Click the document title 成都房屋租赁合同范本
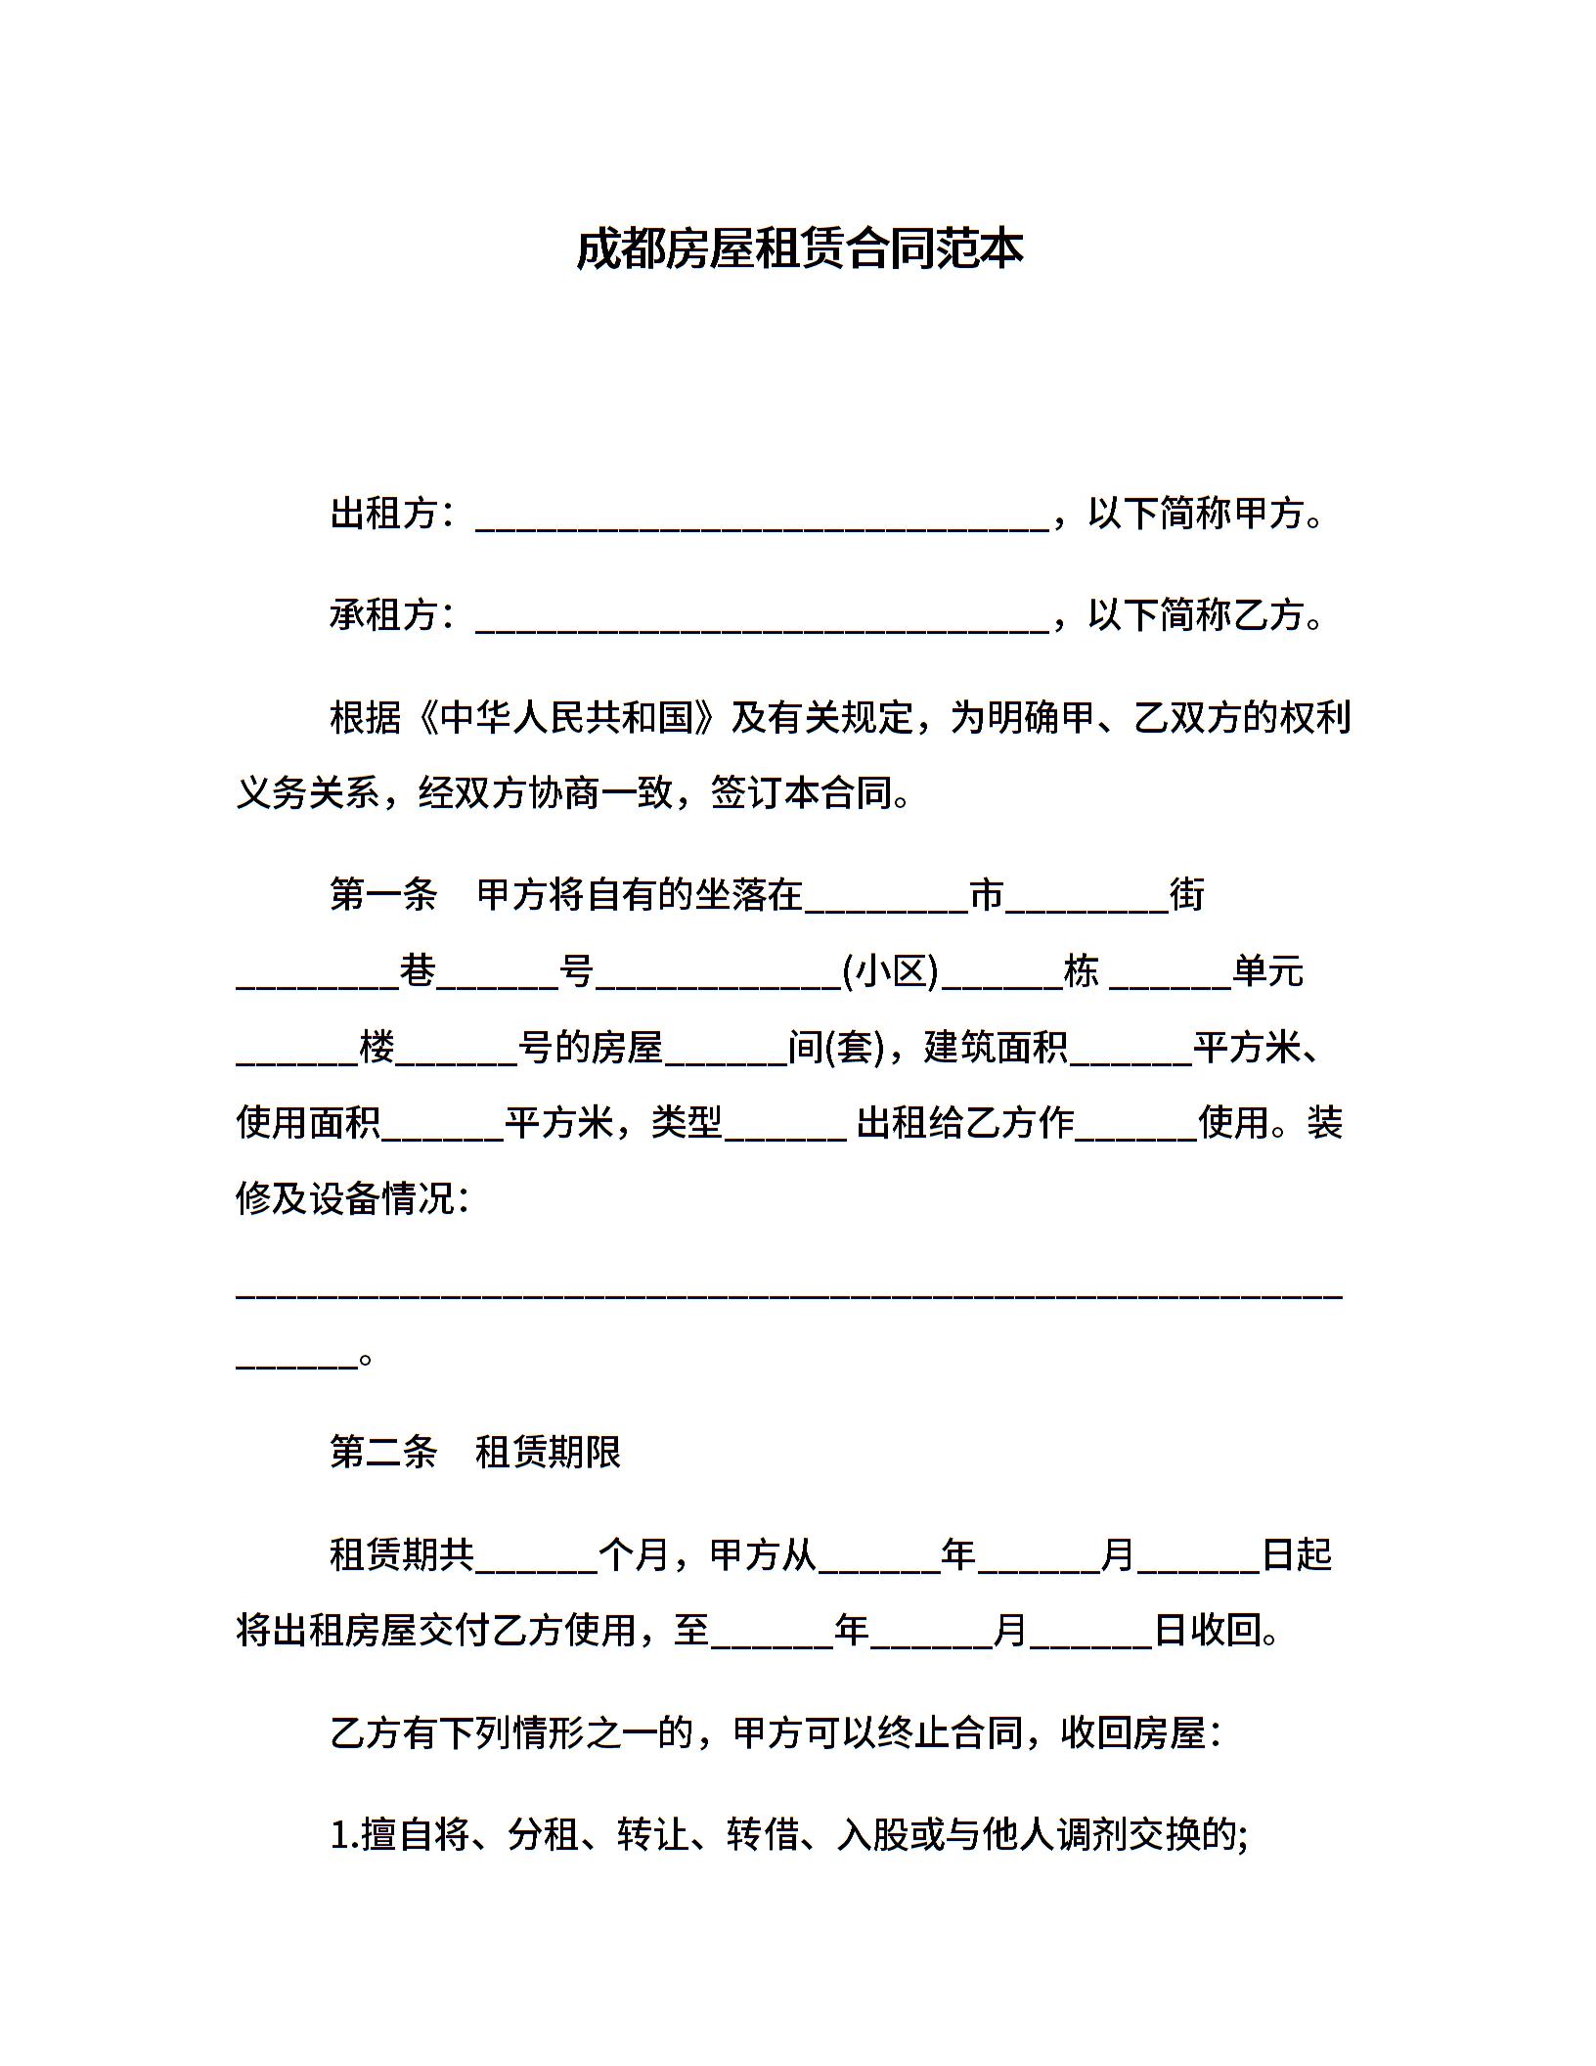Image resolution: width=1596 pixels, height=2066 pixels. [798, 249]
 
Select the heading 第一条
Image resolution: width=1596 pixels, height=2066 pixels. [383, 895]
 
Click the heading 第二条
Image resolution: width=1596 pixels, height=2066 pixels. [383, 1452]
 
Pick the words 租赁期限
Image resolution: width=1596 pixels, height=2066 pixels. [549, 1452]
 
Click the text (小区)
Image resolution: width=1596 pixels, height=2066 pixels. [891, 971]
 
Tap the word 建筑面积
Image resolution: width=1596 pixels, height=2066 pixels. [996, 1047]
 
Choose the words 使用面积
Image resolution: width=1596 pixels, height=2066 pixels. [308, 1122]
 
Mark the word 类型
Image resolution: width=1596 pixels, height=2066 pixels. [687, 1122]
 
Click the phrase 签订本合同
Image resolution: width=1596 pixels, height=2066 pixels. [802, 793]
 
